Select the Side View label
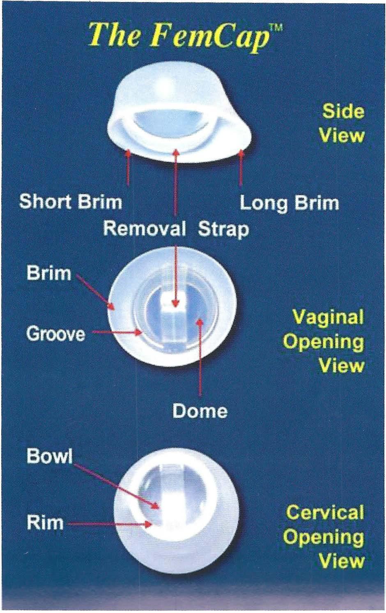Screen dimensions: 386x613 click(342, 123)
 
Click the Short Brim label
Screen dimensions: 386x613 click(71, 202)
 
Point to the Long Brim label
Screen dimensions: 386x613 click(289, 203)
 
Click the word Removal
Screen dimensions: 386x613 click(145, 228)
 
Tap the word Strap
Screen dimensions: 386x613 click(223, 229)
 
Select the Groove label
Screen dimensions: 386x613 click(56, 334)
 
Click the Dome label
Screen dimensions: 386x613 click(200, 410)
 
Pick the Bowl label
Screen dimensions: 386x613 click(49, 456)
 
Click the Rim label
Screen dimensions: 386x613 click(45, 523)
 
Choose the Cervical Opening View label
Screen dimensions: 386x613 click(324, 537)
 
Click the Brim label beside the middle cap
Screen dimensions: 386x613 click(49, 273)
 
